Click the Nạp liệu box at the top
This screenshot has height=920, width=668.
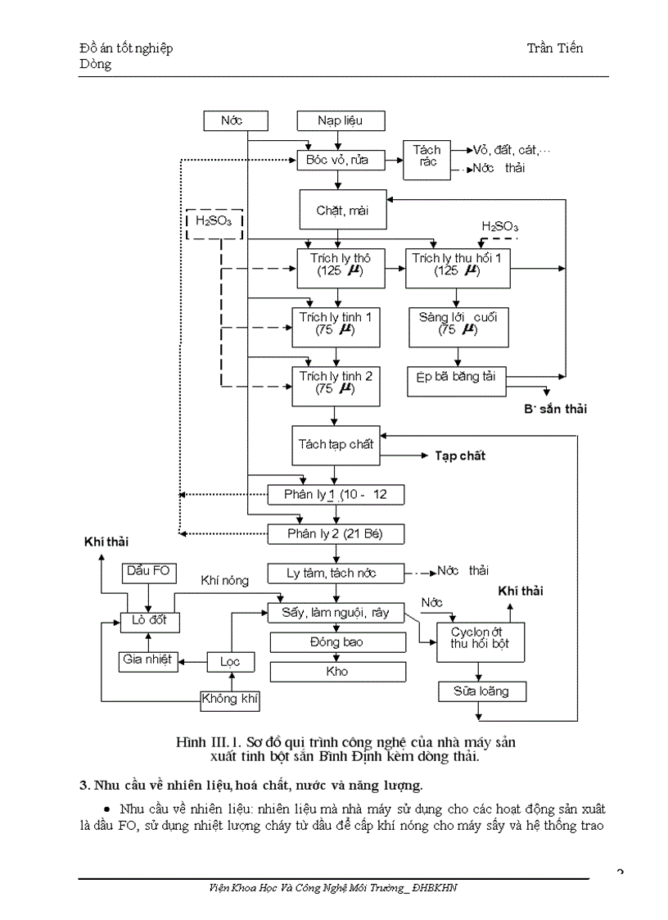tap(340, 121)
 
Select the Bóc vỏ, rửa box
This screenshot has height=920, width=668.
tap(337, 161)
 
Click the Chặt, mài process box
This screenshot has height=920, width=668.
tap(342, 211)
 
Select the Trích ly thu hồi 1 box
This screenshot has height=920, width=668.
tap(461, 265)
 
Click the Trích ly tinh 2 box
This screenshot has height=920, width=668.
tap(336, 383)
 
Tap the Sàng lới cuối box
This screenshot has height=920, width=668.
tap(458, 324)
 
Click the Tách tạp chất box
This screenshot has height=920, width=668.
tap(337, 445)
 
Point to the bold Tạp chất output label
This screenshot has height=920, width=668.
tap(459, 455)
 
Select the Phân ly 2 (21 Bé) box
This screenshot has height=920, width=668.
tap(336, 534)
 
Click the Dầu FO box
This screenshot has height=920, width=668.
tap(148, 571)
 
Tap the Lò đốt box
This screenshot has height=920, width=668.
tap(148, 620)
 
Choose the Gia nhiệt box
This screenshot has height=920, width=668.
tap(148, 659)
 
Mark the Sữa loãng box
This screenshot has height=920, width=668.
tap(481, 691)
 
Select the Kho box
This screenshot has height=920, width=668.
tap(336, 671)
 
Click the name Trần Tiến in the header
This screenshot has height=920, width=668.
tap(555, 48)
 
